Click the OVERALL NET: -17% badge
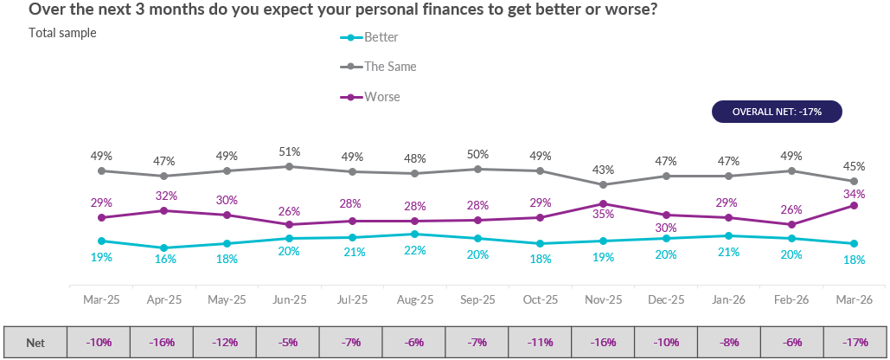[x=776, y=112]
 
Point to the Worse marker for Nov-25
[x=603, y=204]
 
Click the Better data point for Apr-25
[x=164, y=247]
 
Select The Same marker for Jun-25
[x=290, y=166]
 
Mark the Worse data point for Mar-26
[x=854, y=205]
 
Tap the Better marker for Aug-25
[x=415, y=234]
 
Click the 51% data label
[x=290, y=151]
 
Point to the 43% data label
[x=603, y=170]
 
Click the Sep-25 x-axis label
[x=477, y=299]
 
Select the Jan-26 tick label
[x=728, y=299]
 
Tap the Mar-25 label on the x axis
[x=101, y=299]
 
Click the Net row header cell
[x=35, y=342]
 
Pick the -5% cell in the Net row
[x=288, y=342]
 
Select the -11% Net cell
[x=540, y=342]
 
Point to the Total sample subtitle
[x=62, y=33]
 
